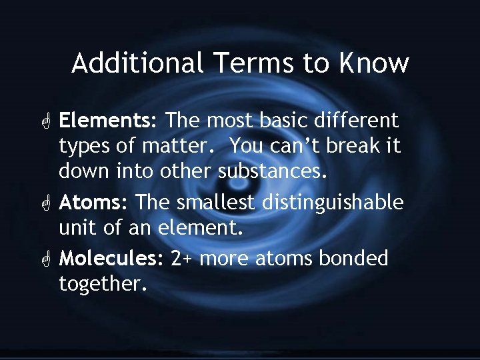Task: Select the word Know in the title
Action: coord(373,63)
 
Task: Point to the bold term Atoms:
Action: coord(94,202)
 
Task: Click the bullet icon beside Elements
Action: coord(45,121)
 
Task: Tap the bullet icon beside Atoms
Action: coord(45,203)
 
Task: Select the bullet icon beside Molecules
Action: coord(45,259)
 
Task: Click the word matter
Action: coord(180,146)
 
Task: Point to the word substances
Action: coord(273,171)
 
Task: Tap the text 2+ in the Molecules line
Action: coord(182,258)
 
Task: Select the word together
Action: coord(102,283)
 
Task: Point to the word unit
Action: coord(77,227)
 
